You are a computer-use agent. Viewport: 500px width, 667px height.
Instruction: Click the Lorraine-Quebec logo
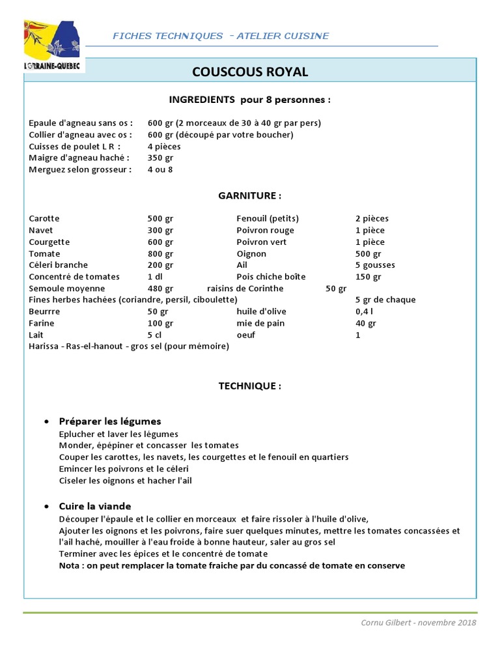point(53,46)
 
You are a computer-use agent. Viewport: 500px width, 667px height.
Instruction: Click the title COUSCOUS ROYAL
point(250,72)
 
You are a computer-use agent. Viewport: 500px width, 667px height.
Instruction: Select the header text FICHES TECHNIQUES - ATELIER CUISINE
point(221,36)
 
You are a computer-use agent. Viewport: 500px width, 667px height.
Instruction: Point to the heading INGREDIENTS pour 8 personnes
point(250,100)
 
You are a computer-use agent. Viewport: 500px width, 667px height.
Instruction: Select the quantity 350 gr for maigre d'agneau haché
point(160,158)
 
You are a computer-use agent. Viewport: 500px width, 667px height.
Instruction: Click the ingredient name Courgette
point(49,242)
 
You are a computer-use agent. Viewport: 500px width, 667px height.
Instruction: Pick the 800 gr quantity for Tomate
point(160,254)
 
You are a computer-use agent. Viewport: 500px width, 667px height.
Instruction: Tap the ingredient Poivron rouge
point(265,231)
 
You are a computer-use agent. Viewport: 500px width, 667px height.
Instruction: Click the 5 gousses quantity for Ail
point(375,266)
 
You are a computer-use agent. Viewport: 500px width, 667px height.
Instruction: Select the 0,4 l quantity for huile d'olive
point(364,312)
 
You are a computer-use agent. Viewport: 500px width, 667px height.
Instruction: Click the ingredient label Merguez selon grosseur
point(80,170)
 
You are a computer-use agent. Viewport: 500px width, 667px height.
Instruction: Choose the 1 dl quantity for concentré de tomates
point(155,277)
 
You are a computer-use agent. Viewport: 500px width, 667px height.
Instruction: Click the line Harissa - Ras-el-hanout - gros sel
point(129,347)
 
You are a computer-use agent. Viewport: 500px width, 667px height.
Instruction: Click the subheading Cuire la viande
point(95,506)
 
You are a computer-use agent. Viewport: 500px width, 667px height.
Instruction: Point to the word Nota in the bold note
point(70,565)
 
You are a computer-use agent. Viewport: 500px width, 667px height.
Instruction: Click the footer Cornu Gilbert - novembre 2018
point(419,623)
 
